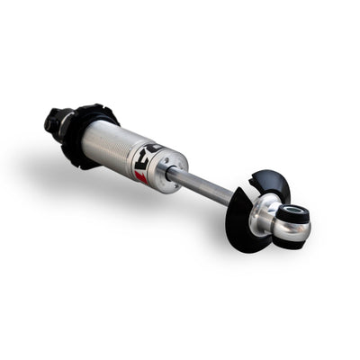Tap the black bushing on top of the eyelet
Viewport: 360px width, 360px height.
click(296, 213)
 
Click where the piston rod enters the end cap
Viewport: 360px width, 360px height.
click(184, 174)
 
